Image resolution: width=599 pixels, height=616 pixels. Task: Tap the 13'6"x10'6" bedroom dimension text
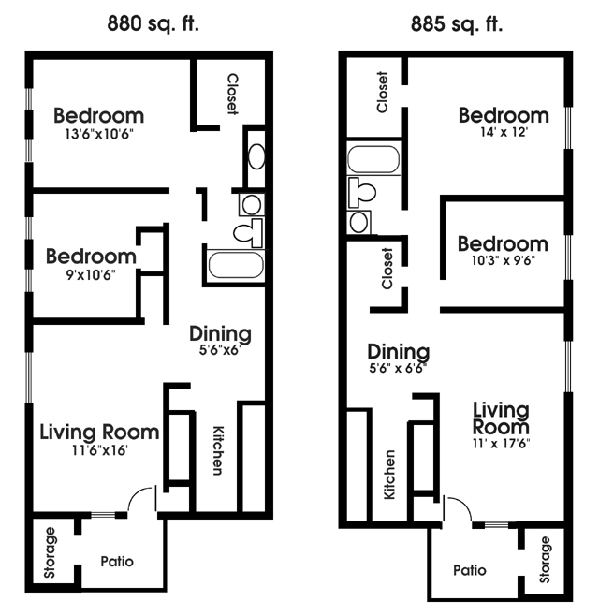[98, 133]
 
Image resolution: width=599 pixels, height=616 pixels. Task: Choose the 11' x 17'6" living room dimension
[501, 444]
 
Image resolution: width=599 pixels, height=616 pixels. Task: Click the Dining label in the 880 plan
[220, 333]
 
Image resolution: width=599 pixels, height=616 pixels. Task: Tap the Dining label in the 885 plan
[398, 352]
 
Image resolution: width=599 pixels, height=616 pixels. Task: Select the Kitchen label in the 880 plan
[218, 449]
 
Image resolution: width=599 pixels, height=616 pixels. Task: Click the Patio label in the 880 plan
[117, 562]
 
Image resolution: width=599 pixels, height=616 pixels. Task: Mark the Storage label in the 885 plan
[544, 558]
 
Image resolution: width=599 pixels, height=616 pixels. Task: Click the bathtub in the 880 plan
[236, 264]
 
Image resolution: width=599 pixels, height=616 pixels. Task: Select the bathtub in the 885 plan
[373, 159]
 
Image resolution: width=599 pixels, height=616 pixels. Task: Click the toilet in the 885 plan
[363, 192]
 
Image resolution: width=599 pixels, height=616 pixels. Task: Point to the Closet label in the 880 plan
[232, 95]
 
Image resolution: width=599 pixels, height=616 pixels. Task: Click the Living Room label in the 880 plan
[98, 432]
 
